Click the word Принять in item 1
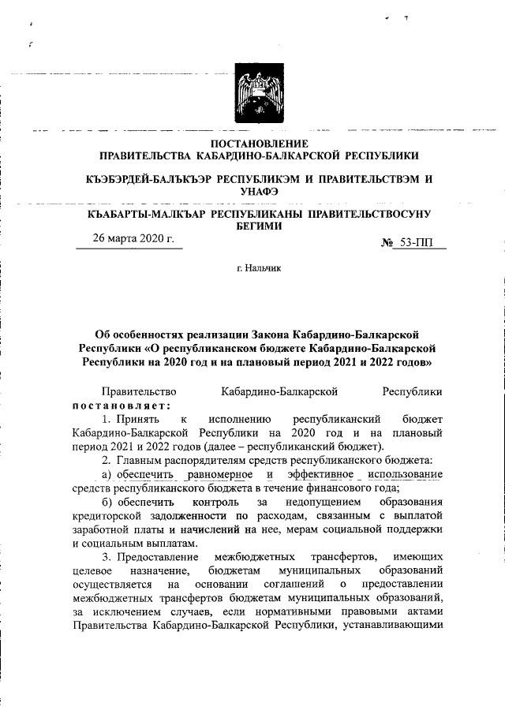[140, 419]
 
